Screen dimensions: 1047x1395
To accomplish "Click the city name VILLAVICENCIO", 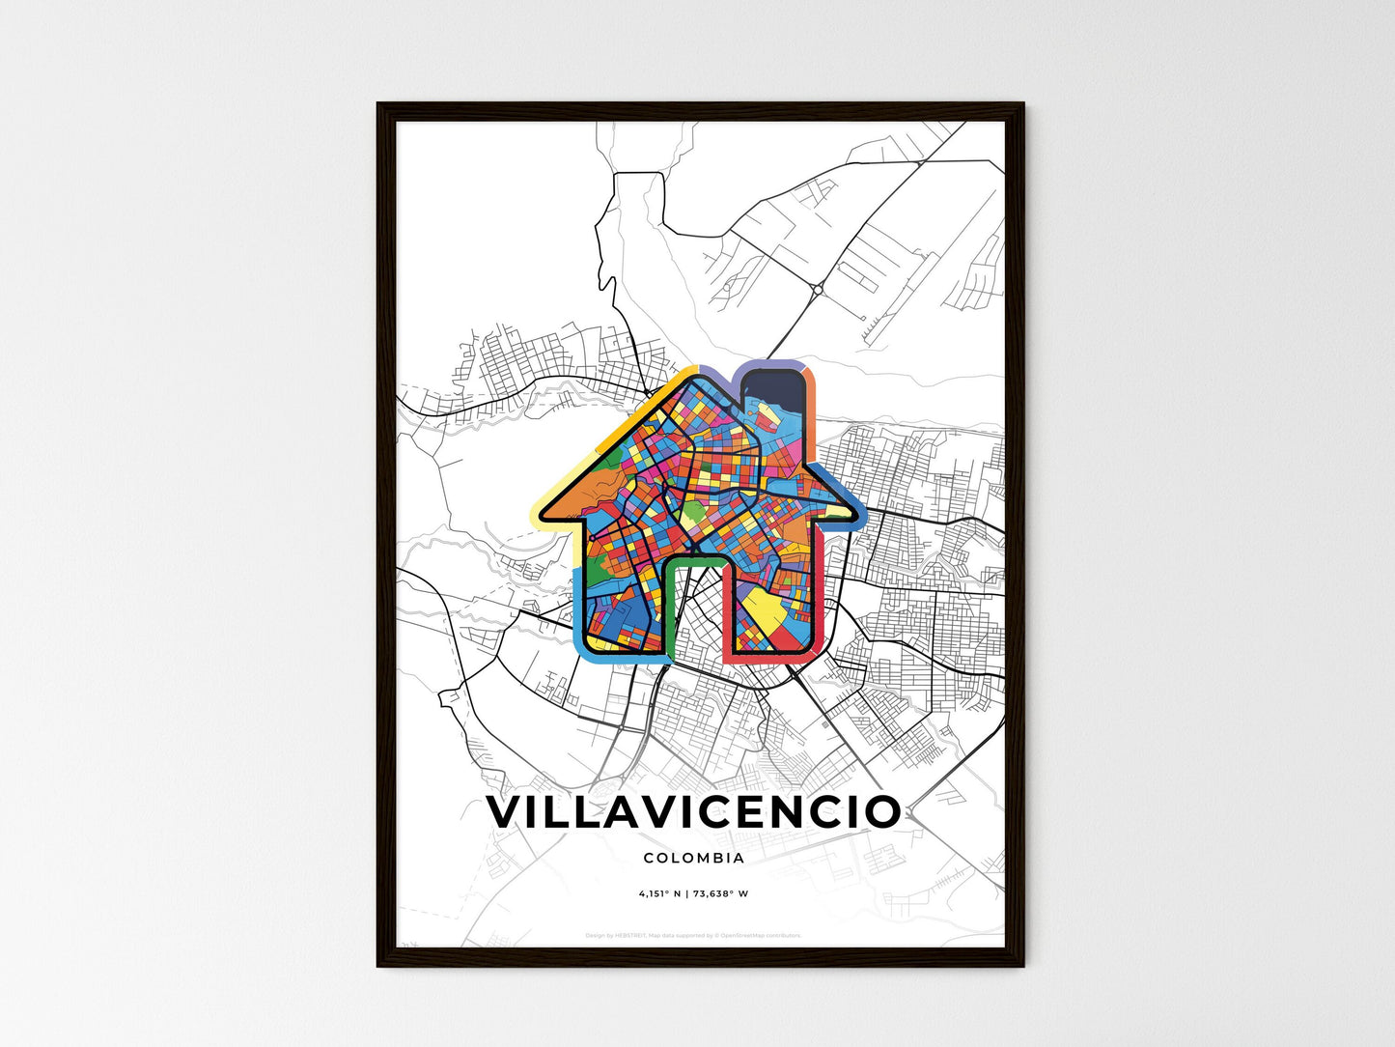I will (693, 812).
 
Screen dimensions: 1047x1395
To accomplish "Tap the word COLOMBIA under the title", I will (693, 858).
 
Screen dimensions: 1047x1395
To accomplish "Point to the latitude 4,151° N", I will (660, 894).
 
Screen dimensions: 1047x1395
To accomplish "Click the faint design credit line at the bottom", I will (693, 935).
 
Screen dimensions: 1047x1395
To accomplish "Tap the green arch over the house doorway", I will (694, 561).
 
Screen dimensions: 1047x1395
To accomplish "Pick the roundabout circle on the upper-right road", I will (818, 288).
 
